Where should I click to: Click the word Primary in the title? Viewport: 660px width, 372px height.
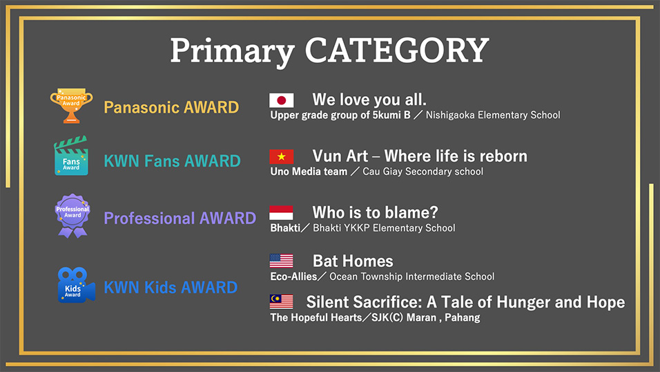click(x=233, y=51)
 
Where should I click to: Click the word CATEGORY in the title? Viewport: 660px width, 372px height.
click(x=397, y=50)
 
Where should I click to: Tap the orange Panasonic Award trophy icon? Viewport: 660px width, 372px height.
click(x=72, y=105)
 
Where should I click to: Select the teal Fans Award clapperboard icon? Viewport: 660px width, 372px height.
click(x=71, y=156)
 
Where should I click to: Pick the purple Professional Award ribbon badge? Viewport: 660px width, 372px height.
click(x=72, y=216)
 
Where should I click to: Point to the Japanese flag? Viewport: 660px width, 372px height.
click(x=282, y=100)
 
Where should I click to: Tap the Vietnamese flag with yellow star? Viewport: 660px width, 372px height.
click(x=282, y=156)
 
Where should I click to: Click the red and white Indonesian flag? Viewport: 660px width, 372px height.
click(x=281, y=212)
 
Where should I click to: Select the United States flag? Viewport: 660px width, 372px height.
click(x=281, y=261)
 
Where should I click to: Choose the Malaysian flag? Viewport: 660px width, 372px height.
click(x=281, y=301)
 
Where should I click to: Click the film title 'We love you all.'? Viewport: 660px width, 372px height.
click(x=369, y=100)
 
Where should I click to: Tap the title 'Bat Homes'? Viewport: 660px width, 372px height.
click(x=353, y=261)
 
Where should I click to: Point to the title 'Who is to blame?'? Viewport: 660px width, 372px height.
click(x=375, y=212)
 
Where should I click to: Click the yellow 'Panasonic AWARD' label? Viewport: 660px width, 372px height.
click(x=171, y=107)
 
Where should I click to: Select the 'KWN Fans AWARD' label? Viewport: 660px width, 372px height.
click(x=172, y=160)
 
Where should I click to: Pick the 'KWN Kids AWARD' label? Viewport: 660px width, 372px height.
click(x=171, y=287)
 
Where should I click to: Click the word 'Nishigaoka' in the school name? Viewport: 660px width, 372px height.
click(x=450, y=115)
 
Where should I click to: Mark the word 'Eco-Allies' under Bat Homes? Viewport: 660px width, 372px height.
click(x=293, y=277)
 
